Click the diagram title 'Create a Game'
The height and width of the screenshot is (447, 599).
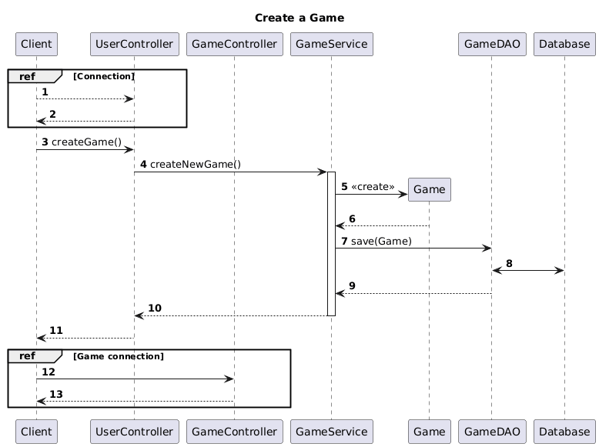299,18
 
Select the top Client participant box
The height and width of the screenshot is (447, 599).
36,45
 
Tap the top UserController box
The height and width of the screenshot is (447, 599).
134,45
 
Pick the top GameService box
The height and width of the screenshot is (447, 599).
331,45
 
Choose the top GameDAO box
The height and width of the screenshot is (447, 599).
490,45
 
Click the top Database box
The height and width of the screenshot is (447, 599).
564,45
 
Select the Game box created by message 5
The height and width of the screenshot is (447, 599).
429,189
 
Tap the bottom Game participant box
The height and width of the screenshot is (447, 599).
429,432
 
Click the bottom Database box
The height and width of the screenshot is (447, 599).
564,432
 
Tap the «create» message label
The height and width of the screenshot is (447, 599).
373,187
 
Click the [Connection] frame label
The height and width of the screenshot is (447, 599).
104,76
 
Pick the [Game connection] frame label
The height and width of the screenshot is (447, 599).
119,356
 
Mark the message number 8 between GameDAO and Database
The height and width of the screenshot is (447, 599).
509,263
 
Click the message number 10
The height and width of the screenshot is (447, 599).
155,308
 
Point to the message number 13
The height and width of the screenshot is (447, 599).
56,394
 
